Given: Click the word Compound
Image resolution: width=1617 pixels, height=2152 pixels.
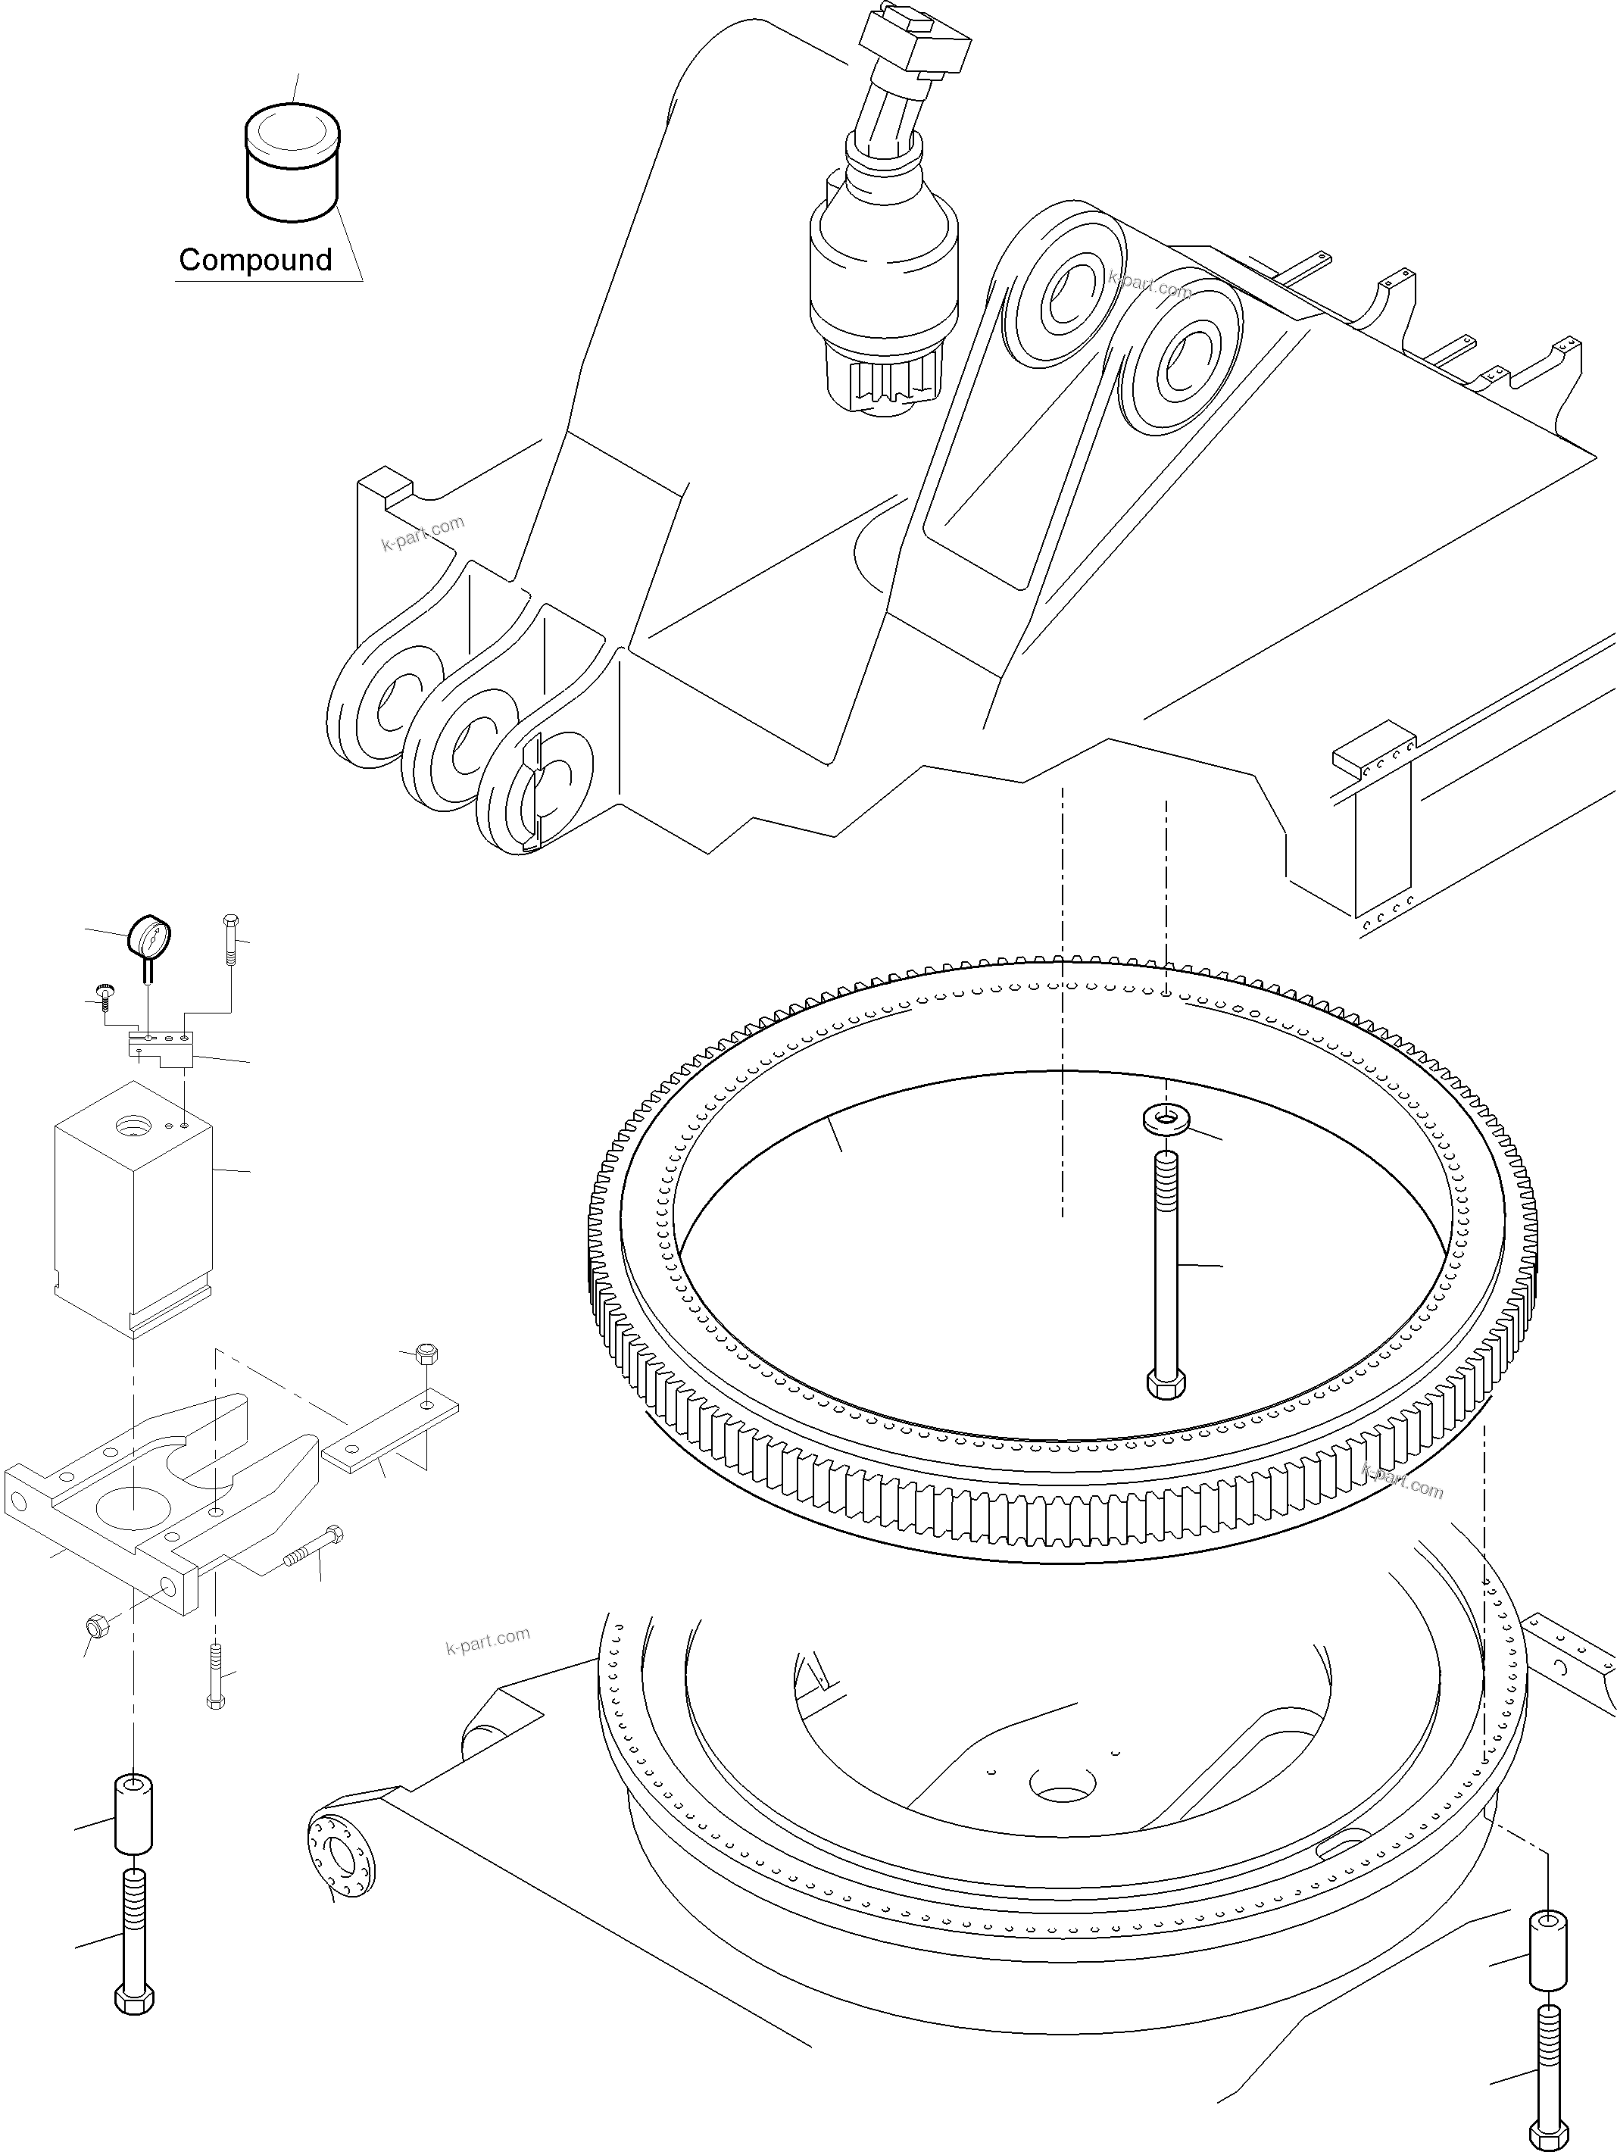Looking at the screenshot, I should click(x=255, y=260).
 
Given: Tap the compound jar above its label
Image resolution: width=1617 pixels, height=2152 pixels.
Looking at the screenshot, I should click(x=292, y=165).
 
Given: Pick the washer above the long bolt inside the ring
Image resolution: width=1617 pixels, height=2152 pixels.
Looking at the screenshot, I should click(x=1165, y=1118).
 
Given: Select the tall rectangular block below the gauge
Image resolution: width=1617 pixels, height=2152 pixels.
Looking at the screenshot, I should click(x=133, y=1207).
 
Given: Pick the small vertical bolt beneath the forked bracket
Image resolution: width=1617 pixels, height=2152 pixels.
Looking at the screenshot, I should click(x=215, y=1673).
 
